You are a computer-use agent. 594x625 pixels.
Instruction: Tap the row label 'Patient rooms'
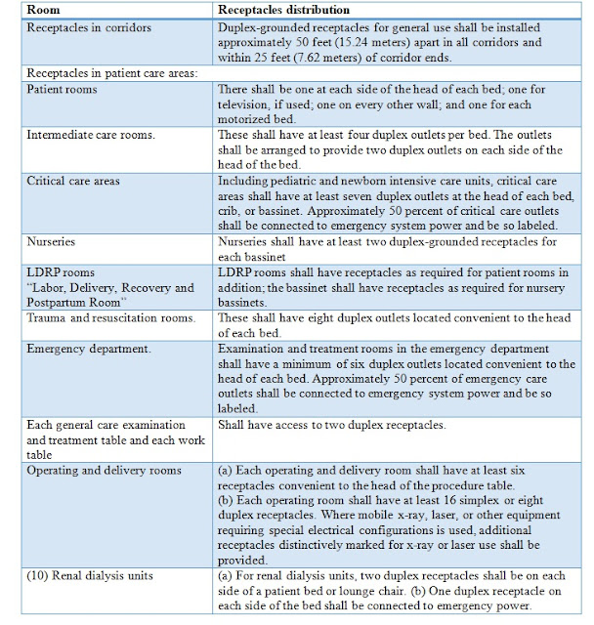pyautogui.click(x=66, y=88)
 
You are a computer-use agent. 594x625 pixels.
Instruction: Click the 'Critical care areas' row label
pyautogui.click(x=80, y=181)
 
